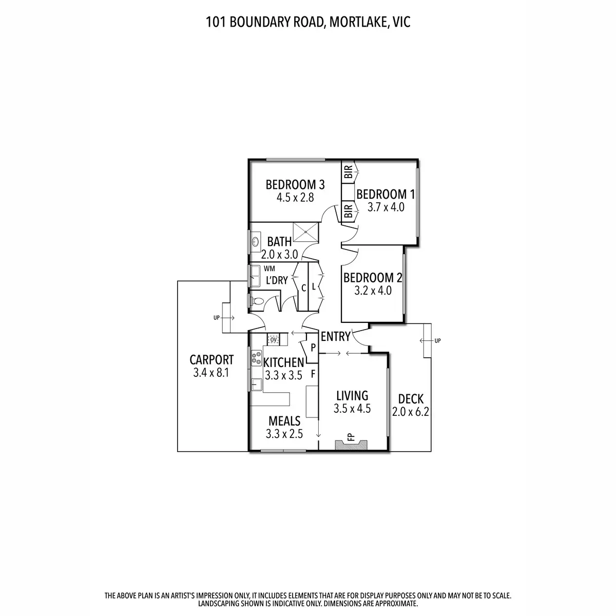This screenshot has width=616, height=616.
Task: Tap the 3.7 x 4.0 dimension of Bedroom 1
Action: [x=386, y=207]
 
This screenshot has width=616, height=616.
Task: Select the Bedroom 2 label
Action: [x=373, y=278]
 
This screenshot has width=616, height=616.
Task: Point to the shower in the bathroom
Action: [x=305, y=232]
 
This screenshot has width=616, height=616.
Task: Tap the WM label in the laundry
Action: [x=269, y=268]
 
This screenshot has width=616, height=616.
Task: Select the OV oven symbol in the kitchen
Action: [x=273, y=339]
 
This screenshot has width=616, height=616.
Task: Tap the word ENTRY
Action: [x=335, y=337]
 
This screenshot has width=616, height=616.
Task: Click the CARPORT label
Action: [x=211, y=360]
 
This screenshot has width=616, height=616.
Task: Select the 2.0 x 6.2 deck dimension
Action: [x=410, y=411]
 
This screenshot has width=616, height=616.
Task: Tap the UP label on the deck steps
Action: [x=437, y=340]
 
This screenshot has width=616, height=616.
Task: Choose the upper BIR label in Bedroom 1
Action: [x=349, y=171]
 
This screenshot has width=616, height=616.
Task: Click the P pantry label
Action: [x=313, y=348]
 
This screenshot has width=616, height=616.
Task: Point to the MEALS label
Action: [x=284, y=421]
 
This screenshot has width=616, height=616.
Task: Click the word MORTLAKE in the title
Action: [x=355, y=22]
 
